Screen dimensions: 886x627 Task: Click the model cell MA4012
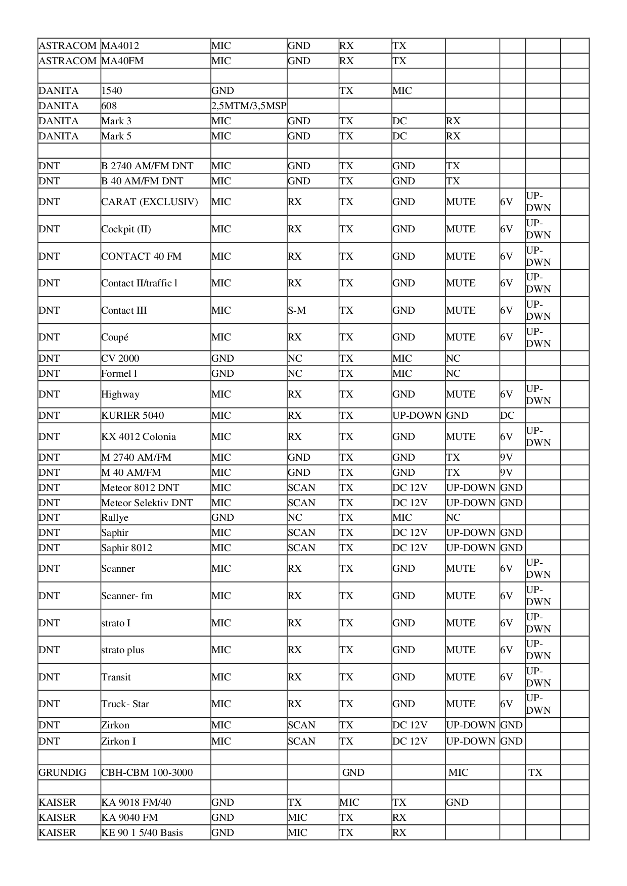click(120, 46)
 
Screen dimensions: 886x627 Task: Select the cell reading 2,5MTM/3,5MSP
click(249, 106)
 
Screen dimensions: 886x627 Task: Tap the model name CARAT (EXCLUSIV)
click(150, 202)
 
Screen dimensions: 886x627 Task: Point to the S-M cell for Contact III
click(297, 311)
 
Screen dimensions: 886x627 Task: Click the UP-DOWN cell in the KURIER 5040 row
click(417, 416)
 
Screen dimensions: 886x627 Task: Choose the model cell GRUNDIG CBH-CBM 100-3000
click(147, 773)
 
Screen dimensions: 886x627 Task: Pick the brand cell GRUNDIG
click(63, 773)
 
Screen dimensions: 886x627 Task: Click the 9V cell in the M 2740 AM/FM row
click(507, 458)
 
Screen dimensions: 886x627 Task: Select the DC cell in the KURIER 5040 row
click(508, 416)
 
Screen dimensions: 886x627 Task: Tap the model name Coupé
click(115, 337)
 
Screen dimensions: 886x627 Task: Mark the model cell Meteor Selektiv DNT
click(147, 503)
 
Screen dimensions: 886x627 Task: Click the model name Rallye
click(115, 518)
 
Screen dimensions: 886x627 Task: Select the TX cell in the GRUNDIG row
click(535, 773)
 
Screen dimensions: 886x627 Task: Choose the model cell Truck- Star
click(125, 704)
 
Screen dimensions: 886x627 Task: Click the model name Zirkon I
click(119, 742)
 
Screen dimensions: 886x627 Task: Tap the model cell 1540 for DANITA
click(112, 91)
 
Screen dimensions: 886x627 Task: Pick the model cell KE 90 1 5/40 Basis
click(142, 833)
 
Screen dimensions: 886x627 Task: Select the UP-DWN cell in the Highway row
click(539, 395)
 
